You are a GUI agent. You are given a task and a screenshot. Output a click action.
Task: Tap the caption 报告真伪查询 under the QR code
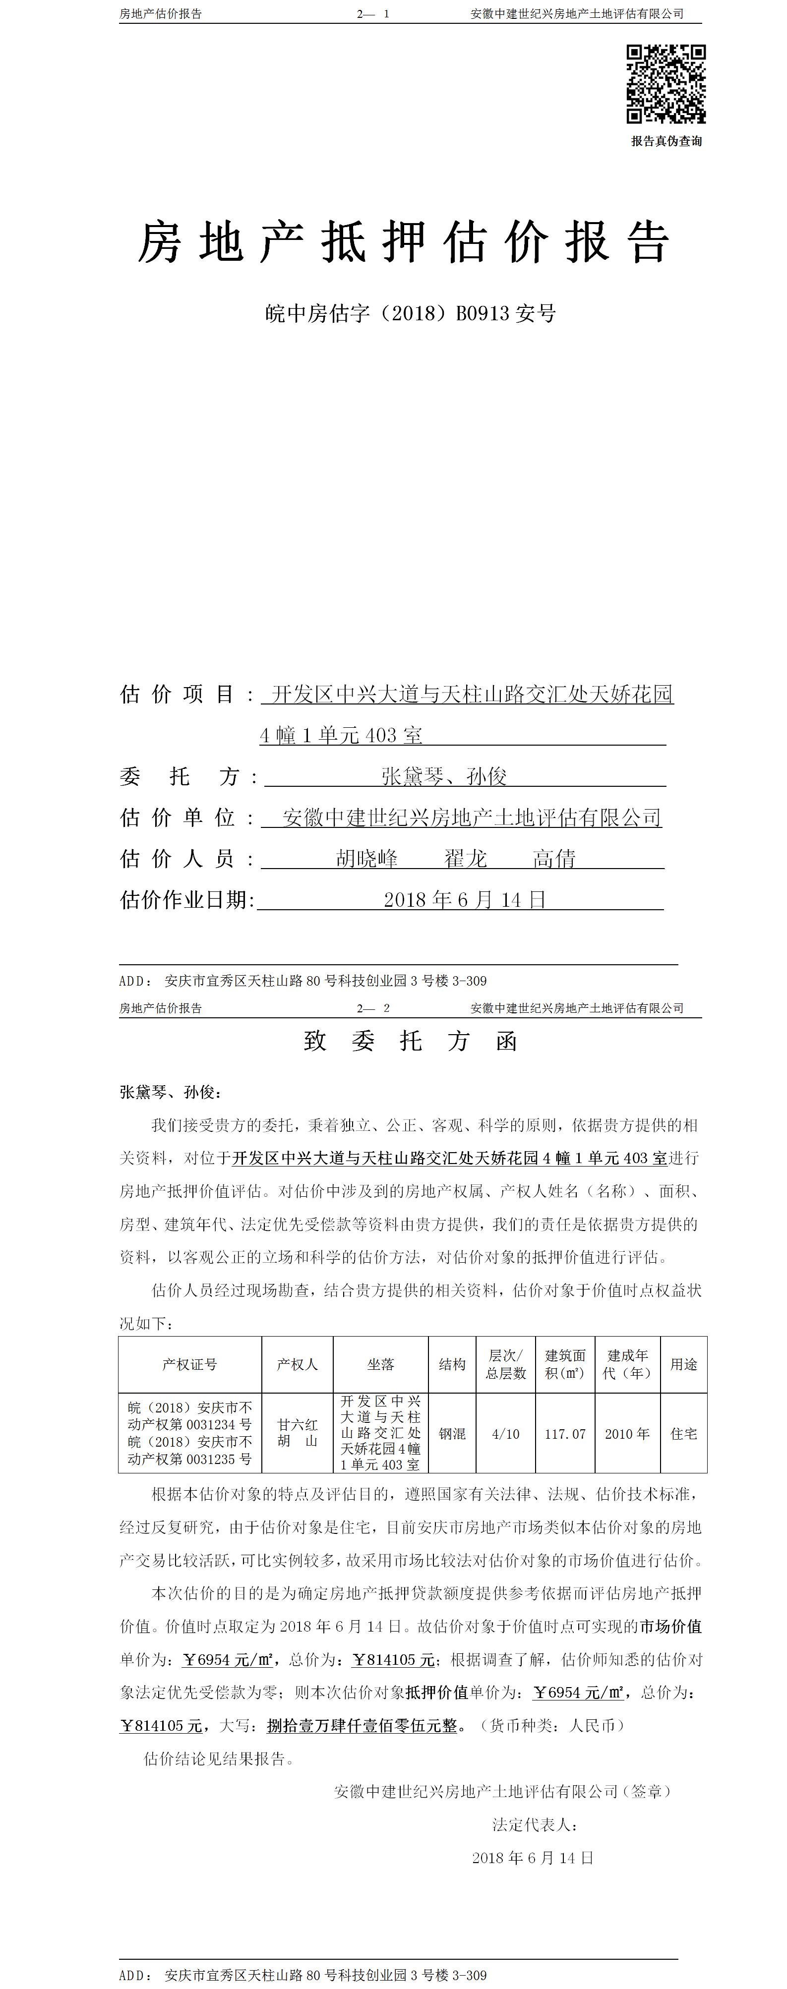666,141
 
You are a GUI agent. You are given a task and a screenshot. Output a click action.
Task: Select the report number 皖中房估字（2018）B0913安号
410,313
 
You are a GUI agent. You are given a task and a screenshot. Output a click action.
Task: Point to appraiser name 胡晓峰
367,859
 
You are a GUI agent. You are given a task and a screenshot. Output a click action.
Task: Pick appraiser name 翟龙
465,859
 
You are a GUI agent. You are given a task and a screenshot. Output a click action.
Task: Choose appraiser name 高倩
554,859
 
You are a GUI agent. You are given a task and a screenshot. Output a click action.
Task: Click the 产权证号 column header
189,1364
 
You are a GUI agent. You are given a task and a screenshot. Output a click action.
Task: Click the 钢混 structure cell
452,1434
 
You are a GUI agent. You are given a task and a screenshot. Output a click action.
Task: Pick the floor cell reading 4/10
506,1434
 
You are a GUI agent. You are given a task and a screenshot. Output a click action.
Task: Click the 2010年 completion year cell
627,1434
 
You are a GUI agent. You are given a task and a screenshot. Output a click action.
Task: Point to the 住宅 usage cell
683,1434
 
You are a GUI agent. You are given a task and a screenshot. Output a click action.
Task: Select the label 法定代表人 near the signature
535,1824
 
